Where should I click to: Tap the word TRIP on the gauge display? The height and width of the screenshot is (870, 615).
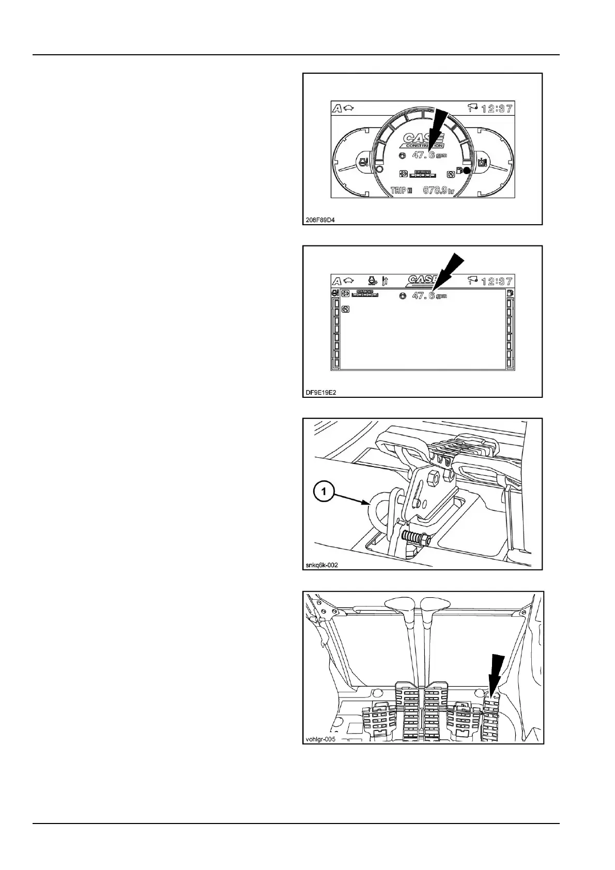tap(398, 191)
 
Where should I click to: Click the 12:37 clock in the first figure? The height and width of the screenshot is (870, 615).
tap(497, 108)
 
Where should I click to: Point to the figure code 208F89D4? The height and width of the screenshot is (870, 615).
tap(320, 220)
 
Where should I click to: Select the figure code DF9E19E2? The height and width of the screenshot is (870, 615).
tap(321, 392)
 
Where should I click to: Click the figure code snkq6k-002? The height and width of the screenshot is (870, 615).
tap(322, 565)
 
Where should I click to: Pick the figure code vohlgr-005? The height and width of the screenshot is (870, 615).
tap(321, 739)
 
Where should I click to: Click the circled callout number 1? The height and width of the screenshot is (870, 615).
tap(324, 492)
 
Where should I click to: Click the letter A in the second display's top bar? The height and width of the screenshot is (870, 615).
tap(336, 281)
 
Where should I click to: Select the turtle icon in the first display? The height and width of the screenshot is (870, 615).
tap(348, 108)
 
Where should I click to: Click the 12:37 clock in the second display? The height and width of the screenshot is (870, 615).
tap(497, 281)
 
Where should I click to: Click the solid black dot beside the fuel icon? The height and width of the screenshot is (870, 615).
tap(467, 170)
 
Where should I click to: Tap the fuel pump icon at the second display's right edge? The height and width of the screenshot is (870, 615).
tap(510, 293)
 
